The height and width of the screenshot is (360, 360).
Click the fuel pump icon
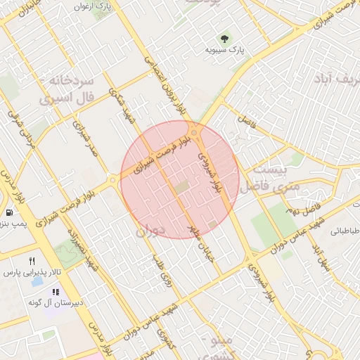(8, 212)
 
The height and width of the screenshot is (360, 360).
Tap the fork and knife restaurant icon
(32, 262)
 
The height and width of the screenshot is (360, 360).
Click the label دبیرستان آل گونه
(56, 302)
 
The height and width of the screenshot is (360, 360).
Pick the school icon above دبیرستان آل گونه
(56, 292)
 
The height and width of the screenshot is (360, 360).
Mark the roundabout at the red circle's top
(195, 133)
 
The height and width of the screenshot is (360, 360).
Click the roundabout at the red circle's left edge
(113, 181)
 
